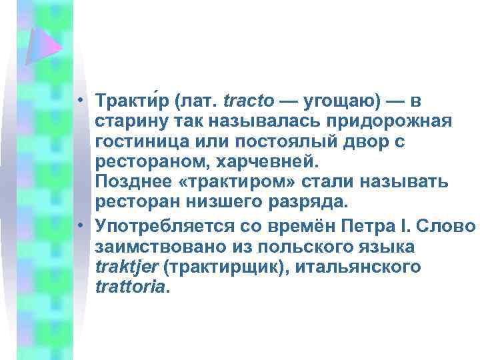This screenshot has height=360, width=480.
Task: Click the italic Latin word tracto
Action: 249,101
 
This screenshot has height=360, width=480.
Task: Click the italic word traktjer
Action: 127,267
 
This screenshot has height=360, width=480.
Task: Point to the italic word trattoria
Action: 132,287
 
